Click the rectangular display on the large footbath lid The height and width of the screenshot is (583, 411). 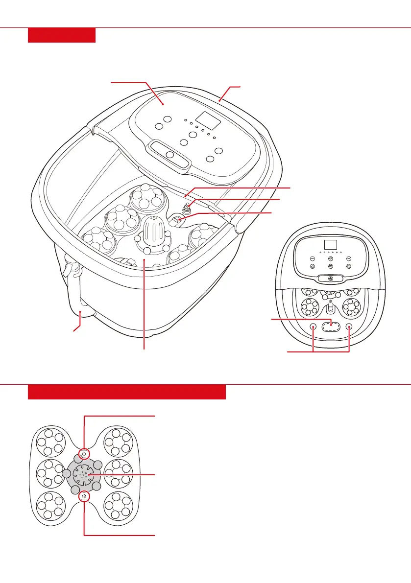click(206, 118)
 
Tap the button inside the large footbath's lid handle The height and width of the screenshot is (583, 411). click(170, 155)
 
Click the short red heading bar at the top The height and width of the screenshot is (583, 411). click(62, 35)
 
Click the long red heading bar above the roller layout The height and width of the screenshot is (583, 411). click(127, 392)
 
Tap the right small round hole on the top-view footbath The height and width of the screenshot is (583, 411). click(349, 327)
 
